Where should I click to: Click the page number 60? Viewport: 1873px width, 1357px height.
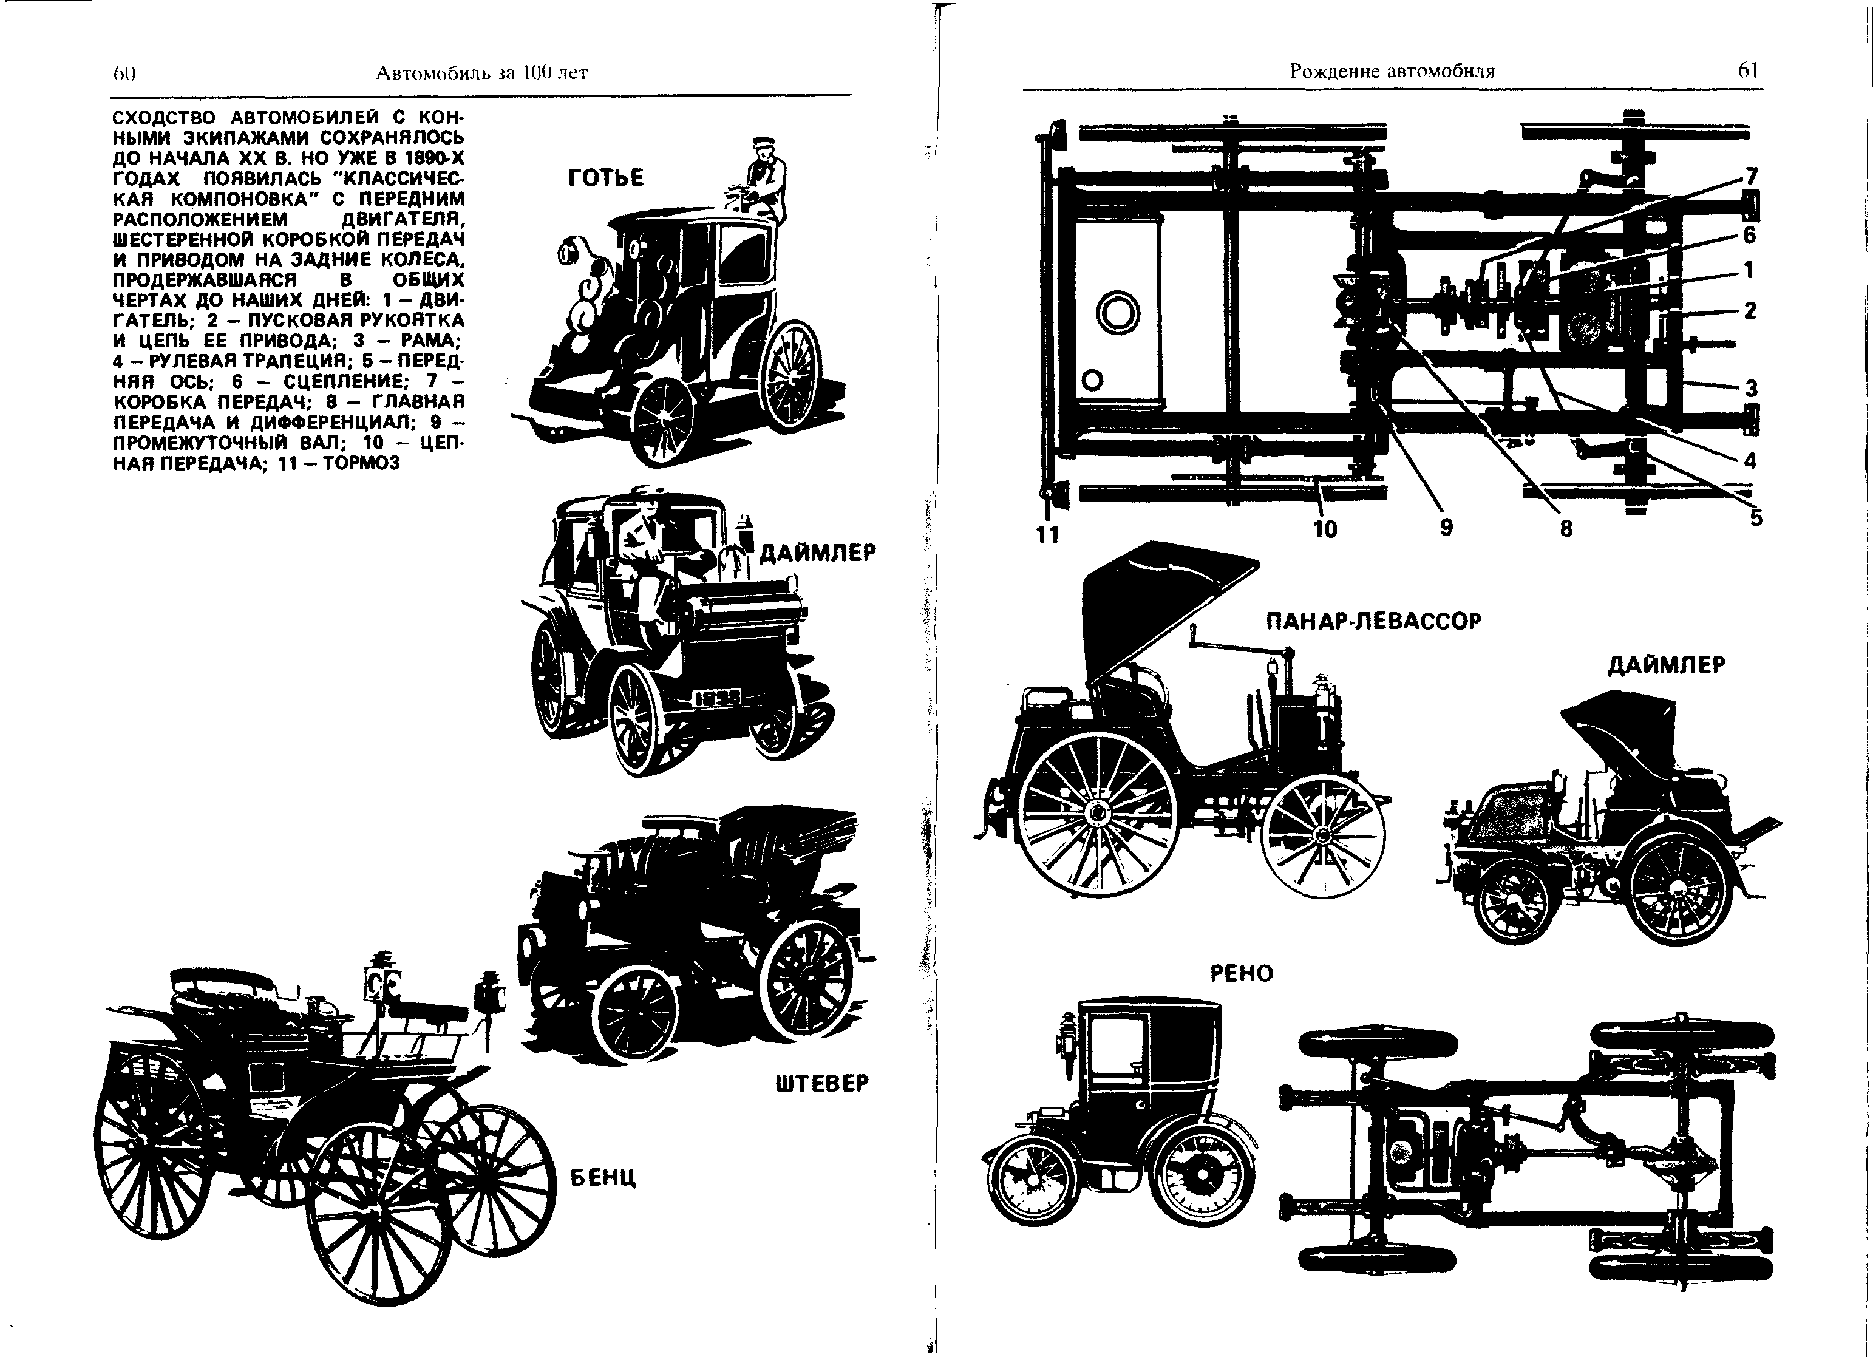tap(124, 73)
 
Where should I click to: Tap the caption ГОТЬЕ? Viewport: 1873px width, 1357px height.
tap(606, 177)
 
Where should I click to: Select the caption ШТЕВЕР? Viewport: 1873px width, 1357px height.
tap(823, 1083)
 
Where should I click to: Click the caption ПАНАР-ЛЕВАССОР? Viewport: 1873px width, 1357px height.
tap(1374, 621)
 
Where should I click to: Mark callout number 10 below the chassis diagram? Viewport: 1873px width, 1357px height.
tap(1325, 529)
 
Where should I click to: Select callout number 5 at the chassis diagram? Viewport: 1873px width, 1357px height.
tap(1756, 518)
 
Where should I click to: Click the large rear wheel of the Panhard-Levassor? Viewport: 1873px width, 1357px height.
tap(1098, 814)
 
